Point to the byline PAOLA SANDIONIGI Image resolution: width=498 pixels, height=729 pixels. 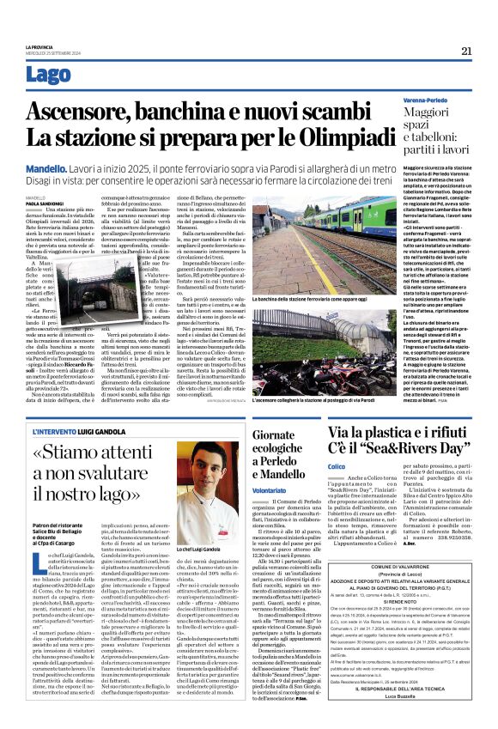click(x=45, y=204)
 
